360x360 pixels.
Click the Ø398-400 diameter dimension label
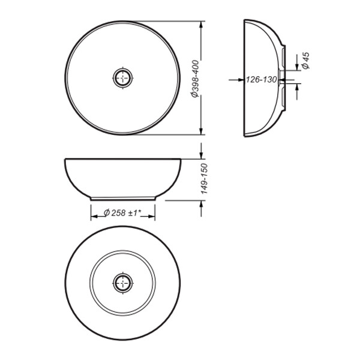point(194,78)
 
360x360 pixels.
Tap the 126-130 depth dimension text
point(261,79)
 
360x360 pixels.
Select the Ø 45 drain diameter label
point(305,61)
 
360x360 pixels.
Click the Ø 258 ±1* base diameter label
point(123,212)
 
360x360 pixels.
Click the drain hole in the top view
point(122,78)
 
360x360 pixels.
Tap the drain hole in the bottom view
point(122,282)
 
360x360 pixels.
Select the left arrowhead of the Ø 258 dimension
point(94,212)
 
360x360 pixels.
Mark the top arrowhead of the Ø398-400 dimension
point(201,25)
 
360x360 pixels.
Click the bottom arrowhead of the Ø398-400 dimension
point(201,131)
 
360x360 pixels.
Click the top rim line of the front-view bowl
point(122,158)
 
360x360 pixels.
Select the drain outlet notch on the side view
point(283,78)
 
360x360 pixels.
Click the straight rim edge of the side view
point(244,78)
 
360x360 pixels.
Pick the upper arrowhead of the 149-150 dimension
point(201,155)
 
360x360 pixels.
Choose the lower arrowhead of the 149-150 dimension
point(201,203)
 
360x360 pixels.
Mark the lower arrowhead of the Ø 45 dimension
point(296,88)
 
